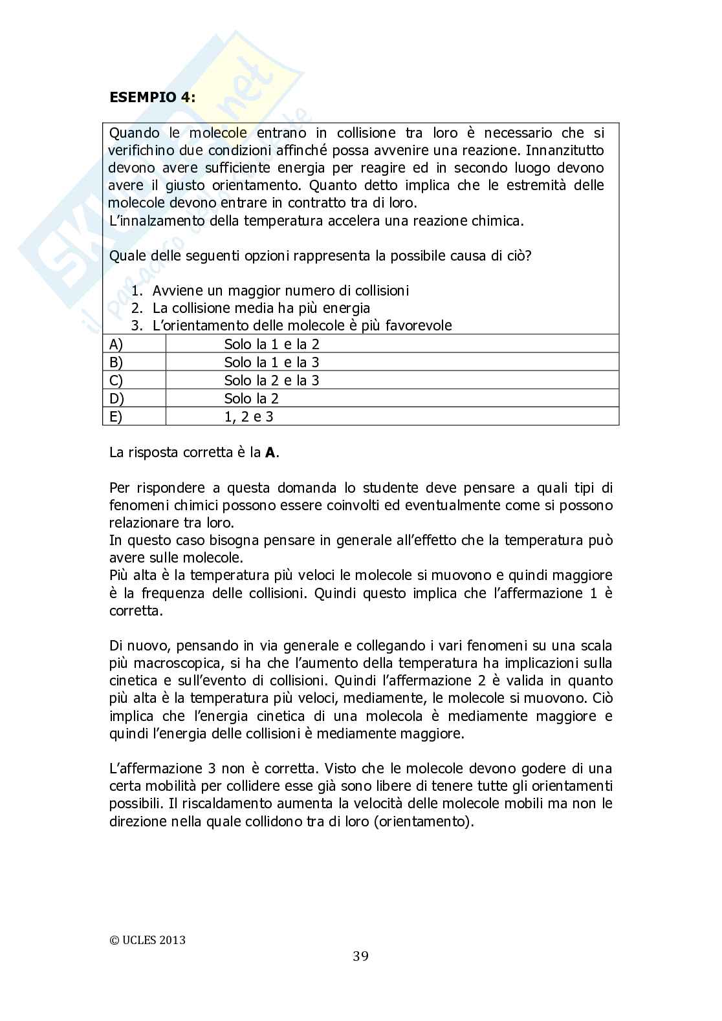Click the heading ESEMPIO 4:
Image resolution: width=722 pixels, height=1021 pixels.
pyautogui.click(x=153, y=98)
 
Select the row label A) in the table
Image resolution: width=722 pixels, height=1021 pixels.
pyautogui.click(x=116, y=344)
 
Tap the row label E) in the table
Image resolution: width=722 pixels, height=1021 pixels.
pyautogui.click(x=116, y=416)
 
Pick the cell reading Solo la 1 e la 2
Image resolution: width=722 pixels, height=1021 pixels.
pyautogui.click(x=272, y=344)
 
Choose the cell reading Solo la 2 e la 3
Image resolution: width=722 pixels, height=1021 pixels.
pyautogui.click(x=272, y=380)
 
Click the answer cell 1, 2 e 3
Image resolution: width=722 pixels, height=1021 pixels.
pyautogui.click(x=248, y=416)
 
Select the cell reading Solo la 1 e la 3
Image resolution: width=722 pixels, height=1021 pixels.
pyautogui.click(x=272, y=362)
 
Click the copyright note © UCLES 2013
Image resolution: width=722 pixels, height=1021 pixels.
pyautogui.click(x=148, y=940)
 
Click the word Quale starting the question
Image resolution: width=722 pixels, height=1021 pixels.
pyautogui.click(x=127, y=255)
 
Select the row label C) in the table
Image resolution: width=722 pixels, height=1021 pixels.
pyautogui.click(x=116, y=380)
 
